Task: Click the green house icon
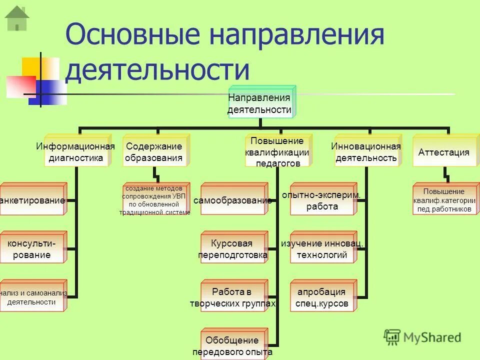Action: click(17, 18)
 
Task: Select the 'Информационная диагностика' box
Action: click(75, 152)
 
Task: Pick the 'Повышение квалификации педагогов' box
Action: click(277, 151)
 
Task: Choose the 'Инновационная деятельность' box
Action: click(366, 152)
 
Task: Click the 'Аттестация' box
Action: click(443, 152)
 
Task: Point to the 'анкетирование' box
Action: click(33, 200)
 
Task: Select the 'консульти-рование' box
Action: click(33, 248)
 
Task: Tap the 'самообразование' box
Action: click(233, 200)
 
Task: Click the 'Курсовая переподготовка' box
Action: click(233, 248)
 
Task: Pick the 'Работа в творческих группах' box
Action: click(233, 297)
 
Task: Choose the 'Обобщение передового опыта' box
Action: click(233, 345)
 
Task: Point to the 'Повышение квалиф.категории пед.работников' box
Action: click(444, 200)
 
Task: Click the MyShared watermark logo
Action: click(422, 337)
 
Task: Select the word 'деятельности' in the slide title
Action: click(157, 70)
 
